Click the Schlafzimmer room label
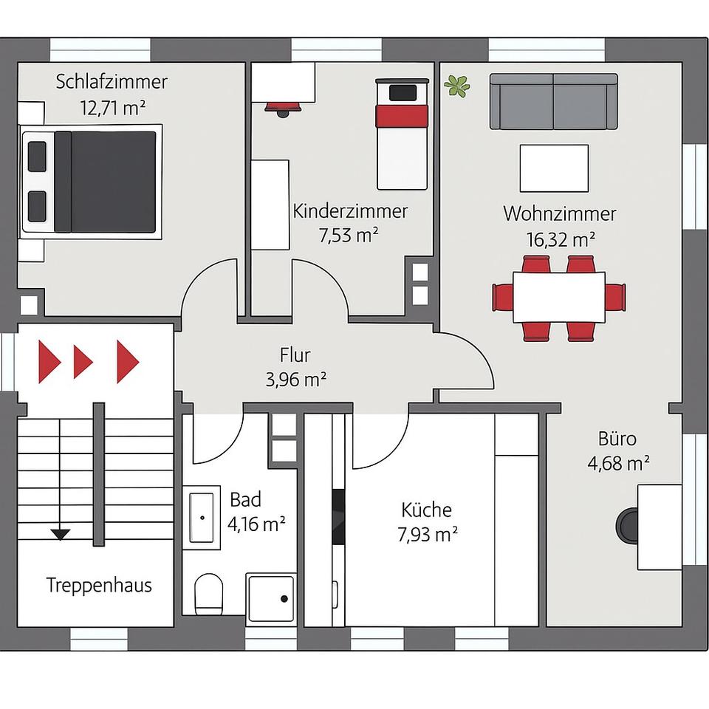point(112,81)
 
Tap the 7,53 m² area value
point(349,236)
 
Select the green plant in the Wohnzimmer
point(457,86)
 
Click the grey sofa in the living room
point(553,101)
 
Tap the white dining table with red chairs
point(559,297)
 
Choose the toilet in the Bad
point(210,593)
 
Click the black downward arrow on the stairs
point(61,533)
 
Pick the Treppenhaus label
point(99,586)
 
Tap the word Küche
point(426,510)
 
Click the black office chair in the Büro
point(630,526)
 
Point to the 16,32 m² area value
point(561,239)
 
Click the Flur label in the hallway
point(295,356)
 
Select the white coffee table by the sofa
point(554,168)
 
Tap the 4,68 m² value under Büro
point(618,463)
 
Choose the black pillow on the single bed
point(403,93)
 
